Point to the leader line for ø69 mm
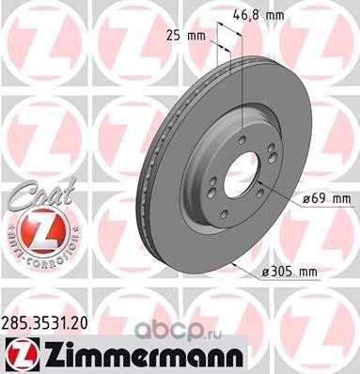coord(280,193)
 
